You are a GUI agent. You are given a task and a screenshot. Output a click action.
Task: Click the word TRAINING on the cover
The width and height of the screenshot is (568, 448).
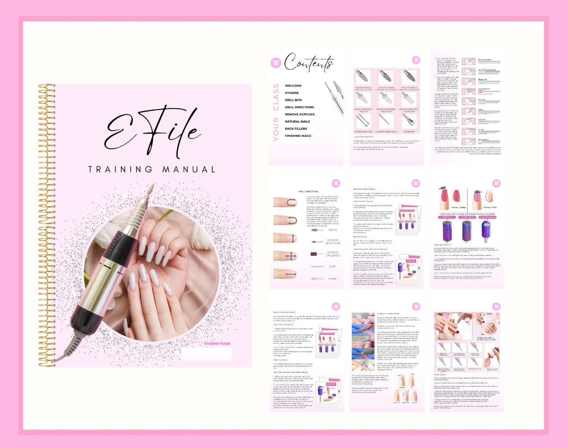pos(120,169)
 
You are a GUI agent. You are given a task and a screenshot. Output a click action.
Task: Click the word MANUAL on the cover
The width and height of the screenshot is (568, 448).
pos(189,169)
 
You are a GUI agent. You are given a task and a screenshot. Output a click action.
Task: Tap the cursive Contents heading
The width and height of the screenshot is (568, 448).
pos(309,63)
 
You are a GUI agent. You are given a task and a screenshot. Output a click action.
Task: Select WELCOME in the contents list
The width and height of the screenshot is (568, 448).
pos(293,86)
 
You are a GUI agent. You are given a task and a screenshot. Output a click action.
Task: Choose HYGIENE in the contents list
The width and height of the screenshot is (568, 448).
pos(291,93)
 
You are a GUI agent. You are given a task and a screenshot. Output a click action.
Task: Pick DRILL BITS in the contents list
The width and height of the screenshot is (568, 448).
pos(293,100)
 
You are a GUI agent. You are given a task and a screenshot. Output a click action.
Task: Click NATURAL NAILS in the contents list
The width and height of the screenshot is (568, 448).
pos(297,121)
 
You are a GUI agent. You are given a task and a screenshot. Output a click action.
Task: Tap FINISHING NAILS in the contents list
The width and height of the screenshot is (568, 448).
pos(298,136)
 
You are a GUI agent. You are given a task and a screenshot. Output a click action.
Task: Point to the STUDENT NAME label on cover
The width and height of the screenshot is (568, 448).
pos(217,343)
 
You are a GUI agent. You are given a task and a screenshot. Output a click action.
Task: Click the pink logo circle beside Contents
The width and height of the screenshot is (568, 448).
pos(276,63)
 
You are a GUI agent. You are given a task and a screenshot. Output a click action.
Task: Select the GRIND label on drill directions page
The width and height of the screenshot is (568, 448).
pos(332,230)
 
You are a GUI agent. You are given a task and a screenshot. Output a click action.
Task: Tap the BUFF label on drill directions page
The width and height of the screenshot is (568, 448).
pos(332,266)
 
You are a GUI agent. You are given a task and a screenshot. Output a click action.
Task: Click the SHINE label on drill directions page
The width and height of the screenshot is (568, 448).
pos(332,279)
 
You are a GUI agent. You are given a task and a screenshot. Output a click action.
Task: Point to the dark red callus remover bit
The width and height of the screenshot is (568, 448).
pos(314,254)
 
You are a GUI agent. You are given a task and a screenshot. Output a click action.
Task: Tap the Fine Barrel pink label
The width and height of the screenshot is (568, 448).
pos(446,217)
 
